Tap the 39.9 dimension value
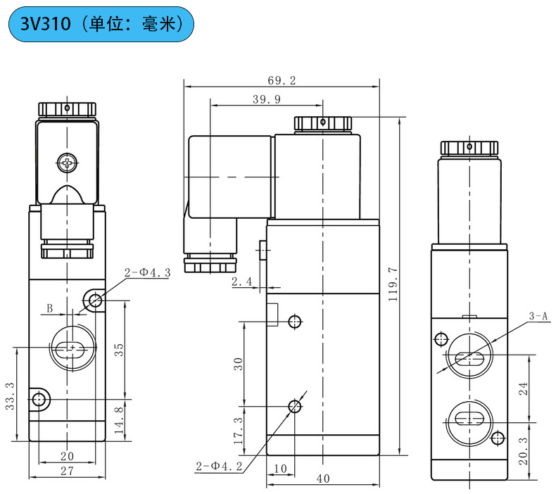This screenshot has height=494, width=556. coord(266,99)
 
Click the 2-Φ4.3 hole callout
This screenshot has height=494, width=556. coord(148,273)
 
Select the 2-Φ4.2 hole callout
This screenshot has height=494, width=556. coord(218,465)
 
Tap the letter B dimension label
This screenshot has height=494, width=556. coord(50,308)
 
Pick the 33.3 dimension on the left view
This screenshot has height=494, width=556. coord(10,395)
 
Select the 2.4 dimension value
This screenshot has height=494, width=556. coord(241,281)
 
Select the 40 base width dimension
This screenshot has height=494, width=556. coord(323,479)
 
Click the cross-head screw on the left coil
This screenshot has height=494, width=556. coord(66,163)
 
